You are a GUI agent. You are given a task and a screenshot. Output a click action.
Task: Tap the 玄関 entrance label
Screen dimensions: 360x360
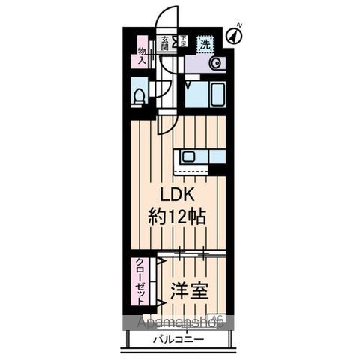click(163, 43)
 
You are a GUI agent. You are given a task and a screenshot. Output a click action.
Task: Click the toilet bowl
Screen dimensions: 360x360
click(139, 96)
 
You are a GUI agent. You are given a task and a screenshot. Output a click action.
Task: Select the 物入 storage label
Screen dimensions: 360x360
click(142, 55)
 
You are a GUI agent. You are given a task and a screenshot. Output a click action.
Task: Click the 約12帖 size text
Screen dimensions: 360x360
click(179, 217)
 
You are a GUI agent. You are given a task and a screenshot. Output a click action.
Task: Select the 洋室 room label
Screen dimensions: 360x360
click(188, 289)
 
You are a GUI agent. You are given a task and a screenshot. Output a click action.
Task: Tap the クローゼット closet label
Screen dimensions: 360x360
click(140, 282)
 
